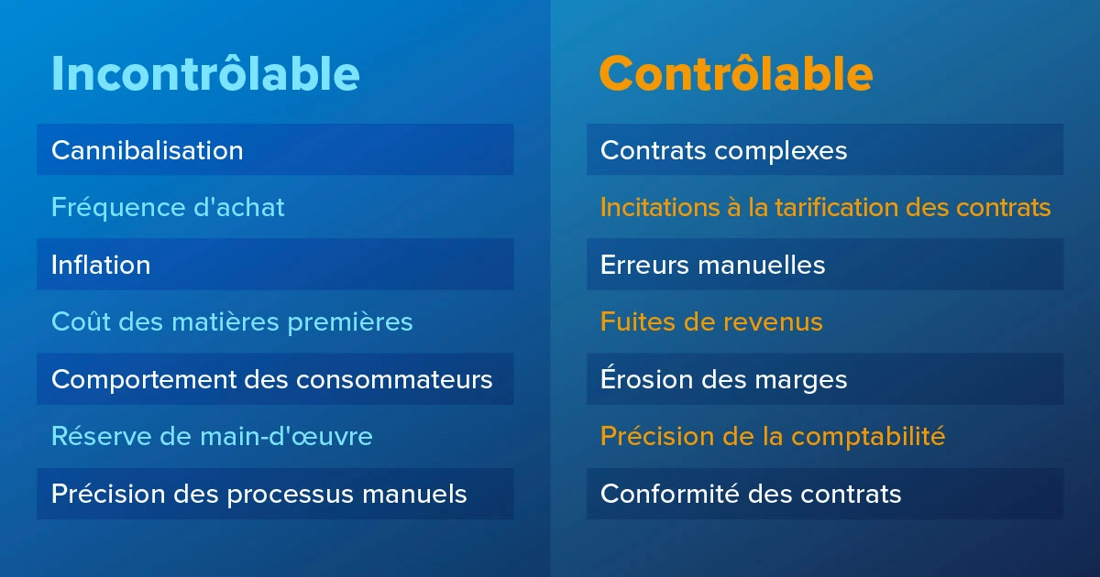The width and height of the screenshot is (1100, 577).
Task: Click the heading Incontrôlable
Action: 205,73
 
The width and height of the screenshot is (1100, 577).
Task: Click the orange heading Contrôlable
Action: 735,73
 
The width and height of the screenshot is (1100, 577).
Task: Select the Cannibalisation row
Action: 148,150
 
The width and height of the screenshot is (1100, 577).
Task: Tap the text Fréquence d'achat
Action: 168,208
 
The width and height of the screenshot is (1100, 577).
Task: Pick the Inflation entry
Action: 101,266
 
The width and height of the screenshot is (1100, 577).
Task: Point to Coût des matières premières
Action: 232,322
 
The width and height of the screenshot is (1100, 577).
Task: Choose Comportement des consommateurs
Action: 272,380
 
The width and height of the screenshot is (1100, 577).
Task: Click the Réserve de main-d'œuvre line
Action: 212,437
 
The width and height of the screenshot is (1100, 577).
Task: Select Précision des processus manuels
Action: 259,495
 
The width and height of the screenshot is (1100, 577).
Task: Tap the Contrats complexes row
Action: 723,150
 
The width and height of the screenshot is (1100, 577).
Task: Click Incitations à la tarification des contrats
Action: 825,208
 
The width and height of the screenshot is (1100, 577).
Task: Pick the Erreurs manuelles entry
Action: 712,266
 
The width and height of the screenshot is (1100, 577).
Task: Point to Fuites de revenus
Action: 711,322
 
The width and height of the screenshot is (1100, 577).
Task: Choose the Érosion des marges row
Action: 723,380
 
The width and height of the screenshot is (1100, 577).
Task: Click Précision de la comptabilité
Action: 772,437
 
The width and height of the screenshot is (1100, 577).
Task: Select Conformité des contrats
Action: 751,495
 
